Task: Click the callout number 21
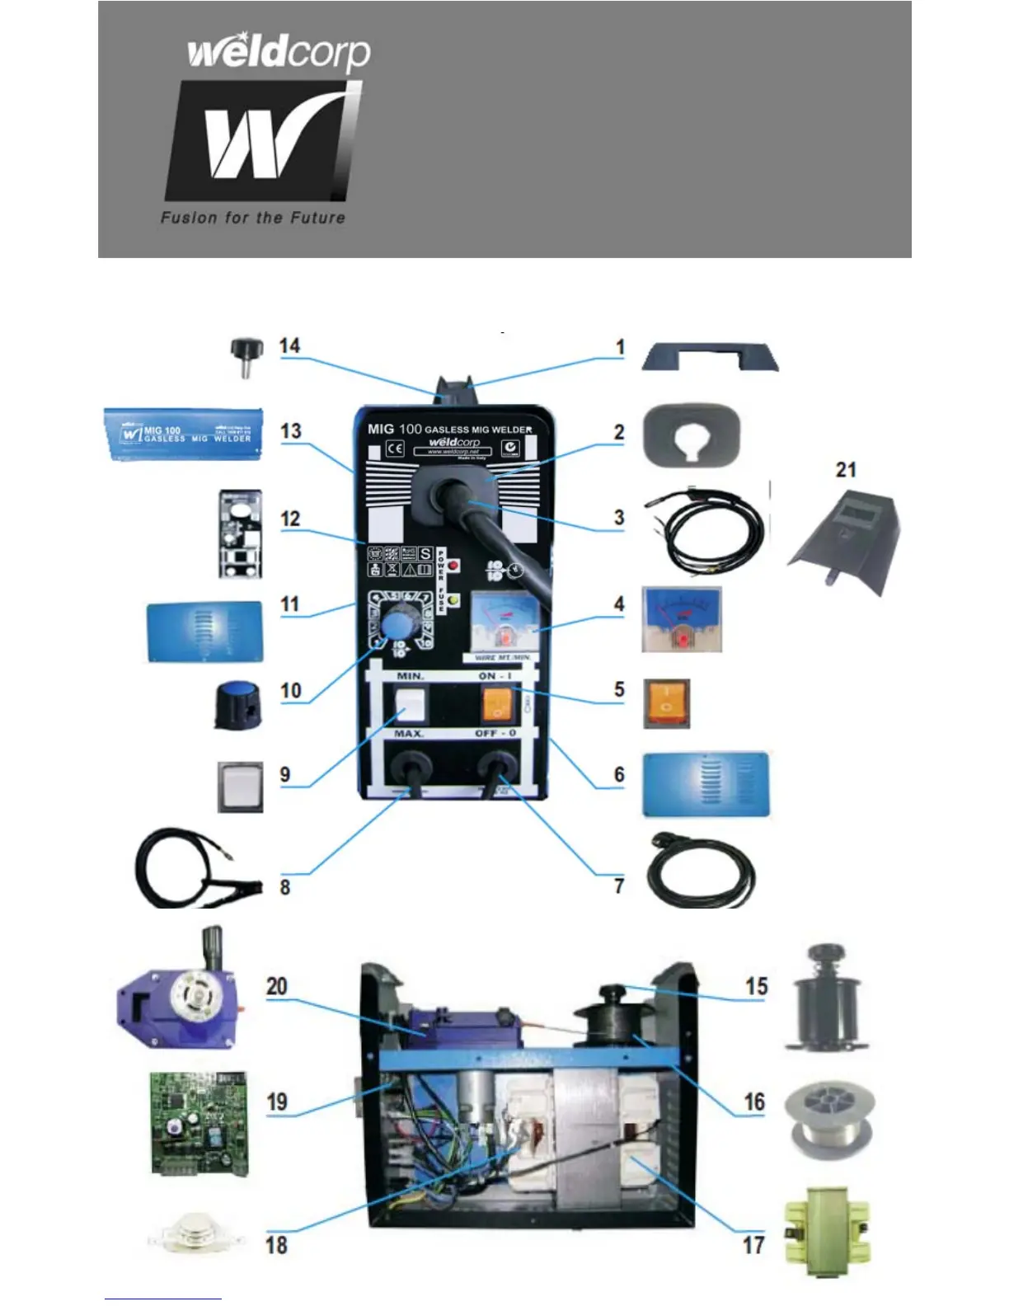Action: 846,470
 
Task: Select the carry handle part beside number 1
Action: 710,357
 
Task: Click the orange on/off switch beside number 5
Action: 666,704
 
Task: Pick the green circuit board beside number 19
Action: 199,1122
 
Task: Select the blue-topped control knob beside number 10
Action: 237,703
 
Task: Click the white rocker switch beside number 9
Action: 240,787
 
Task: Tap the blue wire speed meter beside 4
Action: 681,619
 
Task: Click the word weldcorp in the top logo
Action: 279,54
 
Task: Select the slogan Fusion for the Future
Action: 252,218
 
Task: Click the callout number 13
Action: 290,431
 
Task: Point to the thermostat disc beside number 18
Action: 195,1234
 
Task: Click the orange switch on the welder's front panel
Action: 496,704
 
